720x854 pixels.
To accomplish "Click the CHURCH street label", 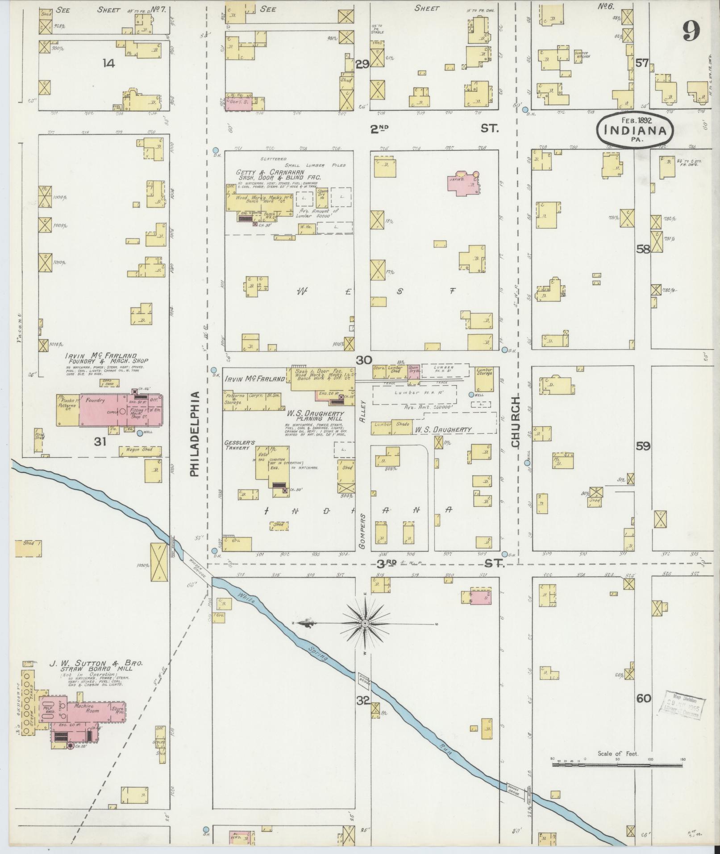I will [x=516, y=421].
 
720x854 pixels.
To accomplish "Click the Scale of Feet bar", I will [x=617, y=765].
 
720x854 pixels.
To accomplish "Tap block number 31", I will [x=100, y=442].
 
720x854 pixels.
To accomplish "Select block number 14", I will [x=108, y=63].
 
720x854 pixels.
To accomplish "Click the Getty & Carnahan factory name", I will [x=271, y=172].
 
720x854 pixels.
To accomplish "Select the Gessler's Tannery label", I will [x=240, y=445].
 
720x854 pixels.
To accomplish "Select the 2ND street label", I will [x=379, y=129].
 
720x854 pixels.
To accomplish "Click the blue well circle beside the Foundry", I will [x=140, y=433].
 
